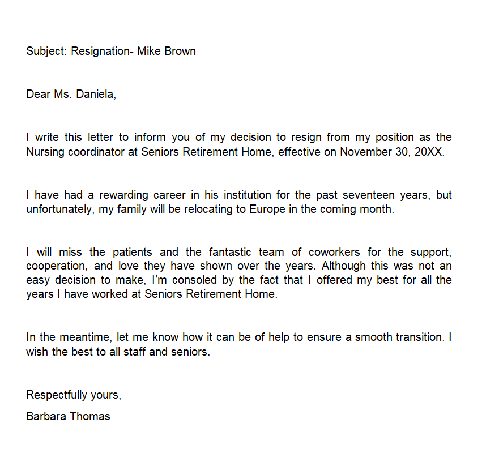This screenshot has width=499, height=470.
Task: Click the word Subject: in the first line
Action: point(47,52)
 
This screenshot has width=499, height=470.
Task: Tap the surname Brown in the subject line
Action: point(180,51)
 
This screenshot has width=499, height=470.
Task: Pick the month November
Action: point(368,152)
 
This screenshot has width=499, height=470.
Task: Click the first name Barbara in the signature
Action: point(46,416)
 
